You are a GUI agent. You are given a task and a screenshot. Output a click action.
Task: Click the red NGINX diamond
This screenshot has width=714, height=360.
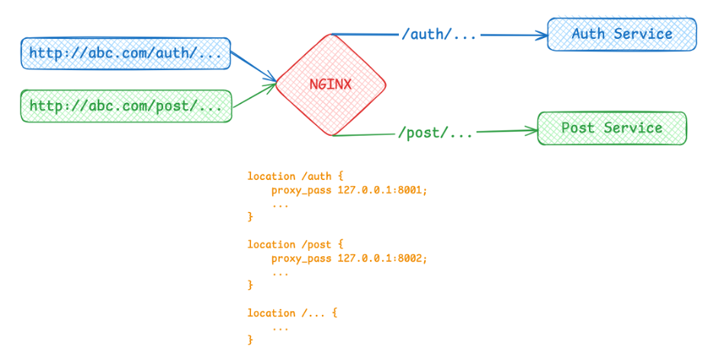pyautogui.click(x=330, y=85)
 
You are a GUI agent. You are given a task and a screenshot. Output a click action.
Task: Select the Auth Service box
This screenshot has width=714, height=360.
pyautogui.click(x=622, y=34)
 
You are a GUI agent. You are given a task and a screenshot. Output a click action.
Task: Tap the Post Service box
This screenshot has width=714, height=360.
pyautogui.click(x=612, y=128)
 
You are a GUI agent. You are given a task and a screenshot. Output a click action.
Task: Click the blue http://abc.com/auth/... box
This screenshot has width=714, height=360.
pyautogui.click(x=126, y=53)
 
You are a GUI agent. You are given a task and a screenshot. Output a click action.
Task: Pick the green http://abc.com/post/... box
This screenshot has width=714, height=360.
pyautogui.click(x=126, y=106)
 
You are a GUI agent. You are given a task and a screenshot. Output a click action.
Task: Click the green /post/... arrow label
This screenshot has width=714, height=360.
pyautogui.click(x=436, y=133)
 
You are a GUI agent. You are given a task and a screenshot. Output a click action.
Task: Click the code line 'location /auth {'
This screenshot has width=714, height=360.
pyautogui.click(x=290, y=176)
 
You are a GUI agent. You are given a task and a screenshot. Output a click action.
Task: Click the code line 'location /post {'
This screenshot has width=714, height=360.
pyautogui.click(x=290, y=245)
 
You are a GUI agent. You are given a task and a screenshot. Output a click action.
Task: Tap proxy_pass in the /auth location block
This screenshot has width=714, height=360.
pyautogui.click(x=301, y=190)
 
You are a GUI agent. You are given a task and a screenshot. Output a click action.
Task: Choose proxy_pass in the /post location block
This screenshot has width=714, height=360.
pyautogui.click(x=301, y=259)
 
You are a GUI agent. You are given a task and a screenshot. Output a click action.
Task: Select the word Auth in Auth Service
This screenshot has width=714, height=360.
pyautogui.click(x=589, y=34)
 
